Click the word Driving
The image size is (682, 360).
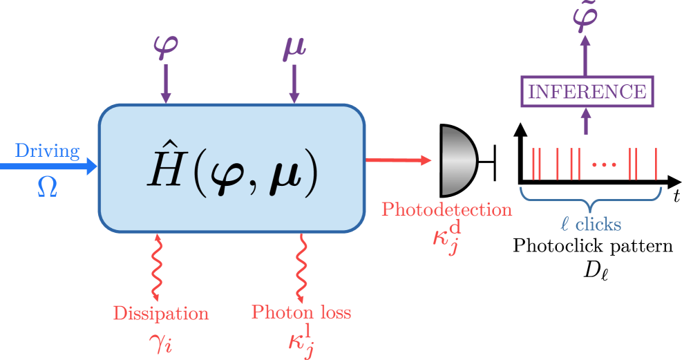click(x=48, y=151)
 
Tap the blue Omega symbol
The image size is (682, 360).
click(x=47, y=186)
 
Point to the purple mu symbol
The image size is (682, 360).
click(x=294, y=48)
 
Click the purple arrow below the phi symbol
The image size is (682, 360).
click(x=166, y=86)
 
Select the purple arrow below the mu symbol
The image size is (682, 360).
click(x=294, y=86)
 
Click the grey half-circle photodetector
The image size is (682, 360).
click(x=457, y=160)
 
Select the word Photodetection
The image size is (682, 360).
click(x=447, y=209)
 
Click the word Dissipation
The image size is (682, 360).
click(x=162, y=313)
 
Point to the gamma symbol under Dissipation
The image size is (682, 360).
click(x=160, y=341)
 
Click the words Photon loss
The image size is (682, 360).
click(x=301, y=312)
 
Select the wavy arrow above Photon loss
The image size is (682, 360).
click(x=302, y=266)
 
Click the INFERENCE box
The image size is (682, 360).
click(x=586, y=91)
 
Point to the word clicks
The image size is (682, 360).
click(x=598, y=224)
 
